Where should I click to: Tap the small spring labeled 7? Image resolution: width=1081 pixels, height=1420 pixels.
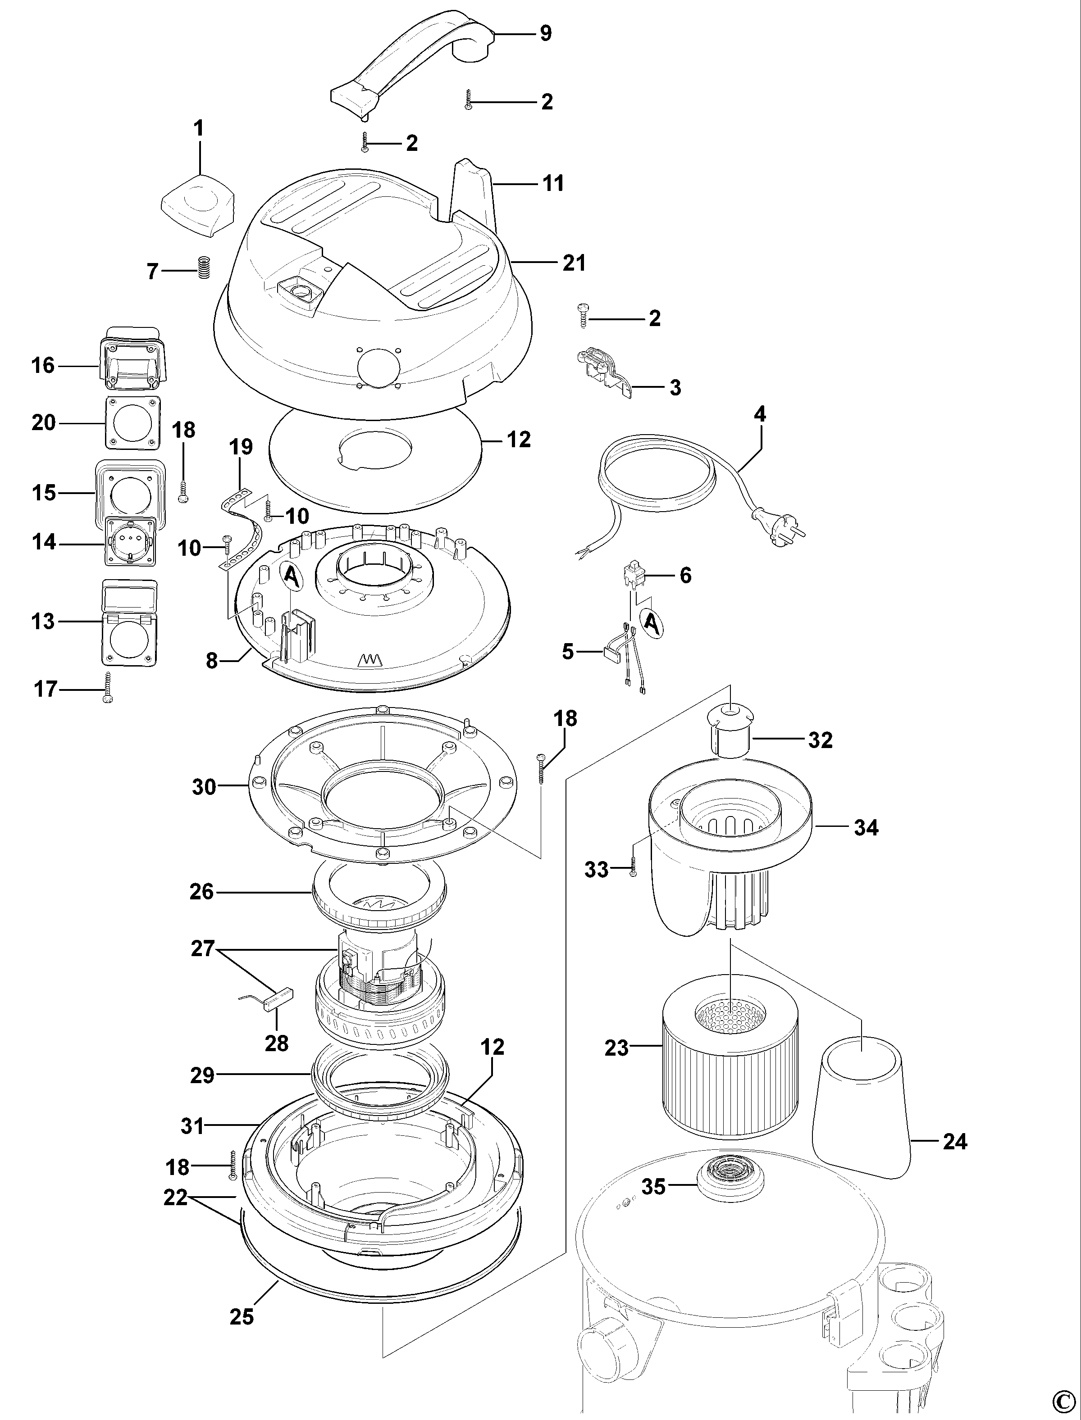pos(204,267)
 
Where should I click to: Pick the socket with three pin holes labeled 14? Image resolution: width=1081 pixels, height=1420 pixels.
pos(131,543)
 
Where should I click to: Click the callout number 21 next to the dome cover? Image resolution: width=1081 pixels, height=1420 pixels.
pos(574,263)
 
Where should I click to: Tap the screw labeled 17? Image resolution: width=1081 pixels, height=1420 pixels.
pos(107,689)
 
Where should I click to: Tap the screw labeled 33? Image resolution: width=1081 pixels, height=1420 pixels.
pos(633,870)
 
